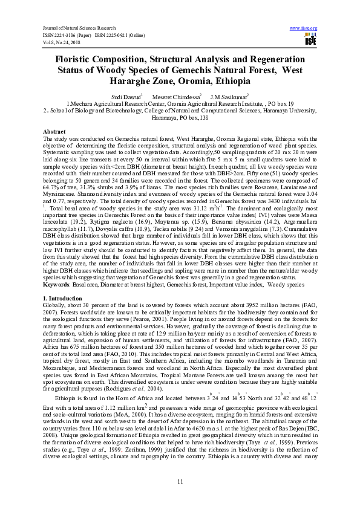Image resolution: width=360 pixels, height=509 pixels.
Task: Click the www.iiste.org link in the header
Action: [304, 28]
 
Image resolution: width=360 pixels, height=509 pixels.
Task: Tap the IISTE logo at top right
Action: [311, 40]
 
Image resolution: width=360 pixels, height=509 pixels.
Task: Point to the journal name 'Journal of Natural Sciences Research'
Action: [77, 28]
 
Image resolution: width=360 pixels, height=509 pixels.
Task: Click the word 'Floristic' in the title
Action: [78, 60]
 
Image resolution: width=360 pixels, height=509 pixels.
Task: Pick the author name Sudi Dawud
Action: [124, 97]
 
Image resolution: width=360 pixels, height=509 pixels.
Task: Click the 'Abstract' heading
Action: [54, 131]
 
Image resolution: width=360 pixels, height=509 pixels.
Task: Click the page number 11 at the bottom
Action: [180, 481]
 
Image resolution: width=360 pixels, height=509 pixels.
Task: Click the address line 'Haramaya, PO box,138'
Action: [180, 118]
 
